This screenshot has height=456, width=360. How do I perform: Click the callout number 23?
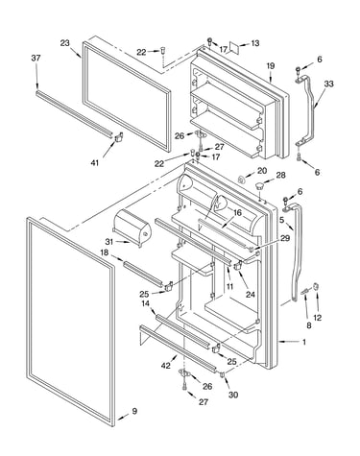tap(65, 43)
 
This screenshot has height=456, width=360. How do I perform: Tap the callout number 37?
tap(36, 58)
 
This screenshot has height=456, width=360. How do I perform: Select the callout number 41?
tap(95, 163)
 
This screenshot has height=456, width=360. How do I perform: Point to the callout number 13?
tap(255, 43)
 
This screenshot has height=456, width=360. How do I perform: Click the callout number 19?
tap(271, 66)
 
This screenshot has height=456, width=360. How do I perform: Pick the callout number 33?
tap(328, 84)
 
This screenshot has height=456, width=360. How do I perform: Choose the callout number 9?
tap(134, 411)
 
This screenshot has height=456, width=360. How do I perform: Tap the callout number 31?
tap(109, 241)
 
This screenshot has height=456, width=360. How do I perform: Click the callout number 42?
tap(166, 365)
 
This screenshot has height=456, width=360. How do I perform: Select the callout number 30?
tap(233, 395)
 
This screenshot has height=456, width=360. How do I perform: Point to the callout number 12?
tap(317, 318)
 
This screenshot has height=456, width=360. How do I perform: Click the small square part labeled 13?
tap(235, 48)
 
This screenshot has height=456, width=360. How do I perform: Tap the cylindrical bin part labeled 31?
tap(132, 228)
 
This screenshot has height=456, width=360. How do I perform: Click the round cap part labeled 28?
tap(259, 185)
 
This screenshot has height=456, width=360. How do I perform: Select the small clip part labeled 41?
tap(118, 137)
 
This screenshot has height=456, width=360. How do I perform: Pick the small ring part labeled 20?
tap(242, 180)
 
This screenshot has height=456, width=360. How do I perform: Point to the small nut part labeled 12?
tap(316, 286)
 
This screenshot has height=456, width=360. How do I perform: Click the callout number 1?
tap(304, 342)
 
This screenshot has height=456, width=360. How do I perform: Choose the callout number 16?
tap(237, 212)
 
